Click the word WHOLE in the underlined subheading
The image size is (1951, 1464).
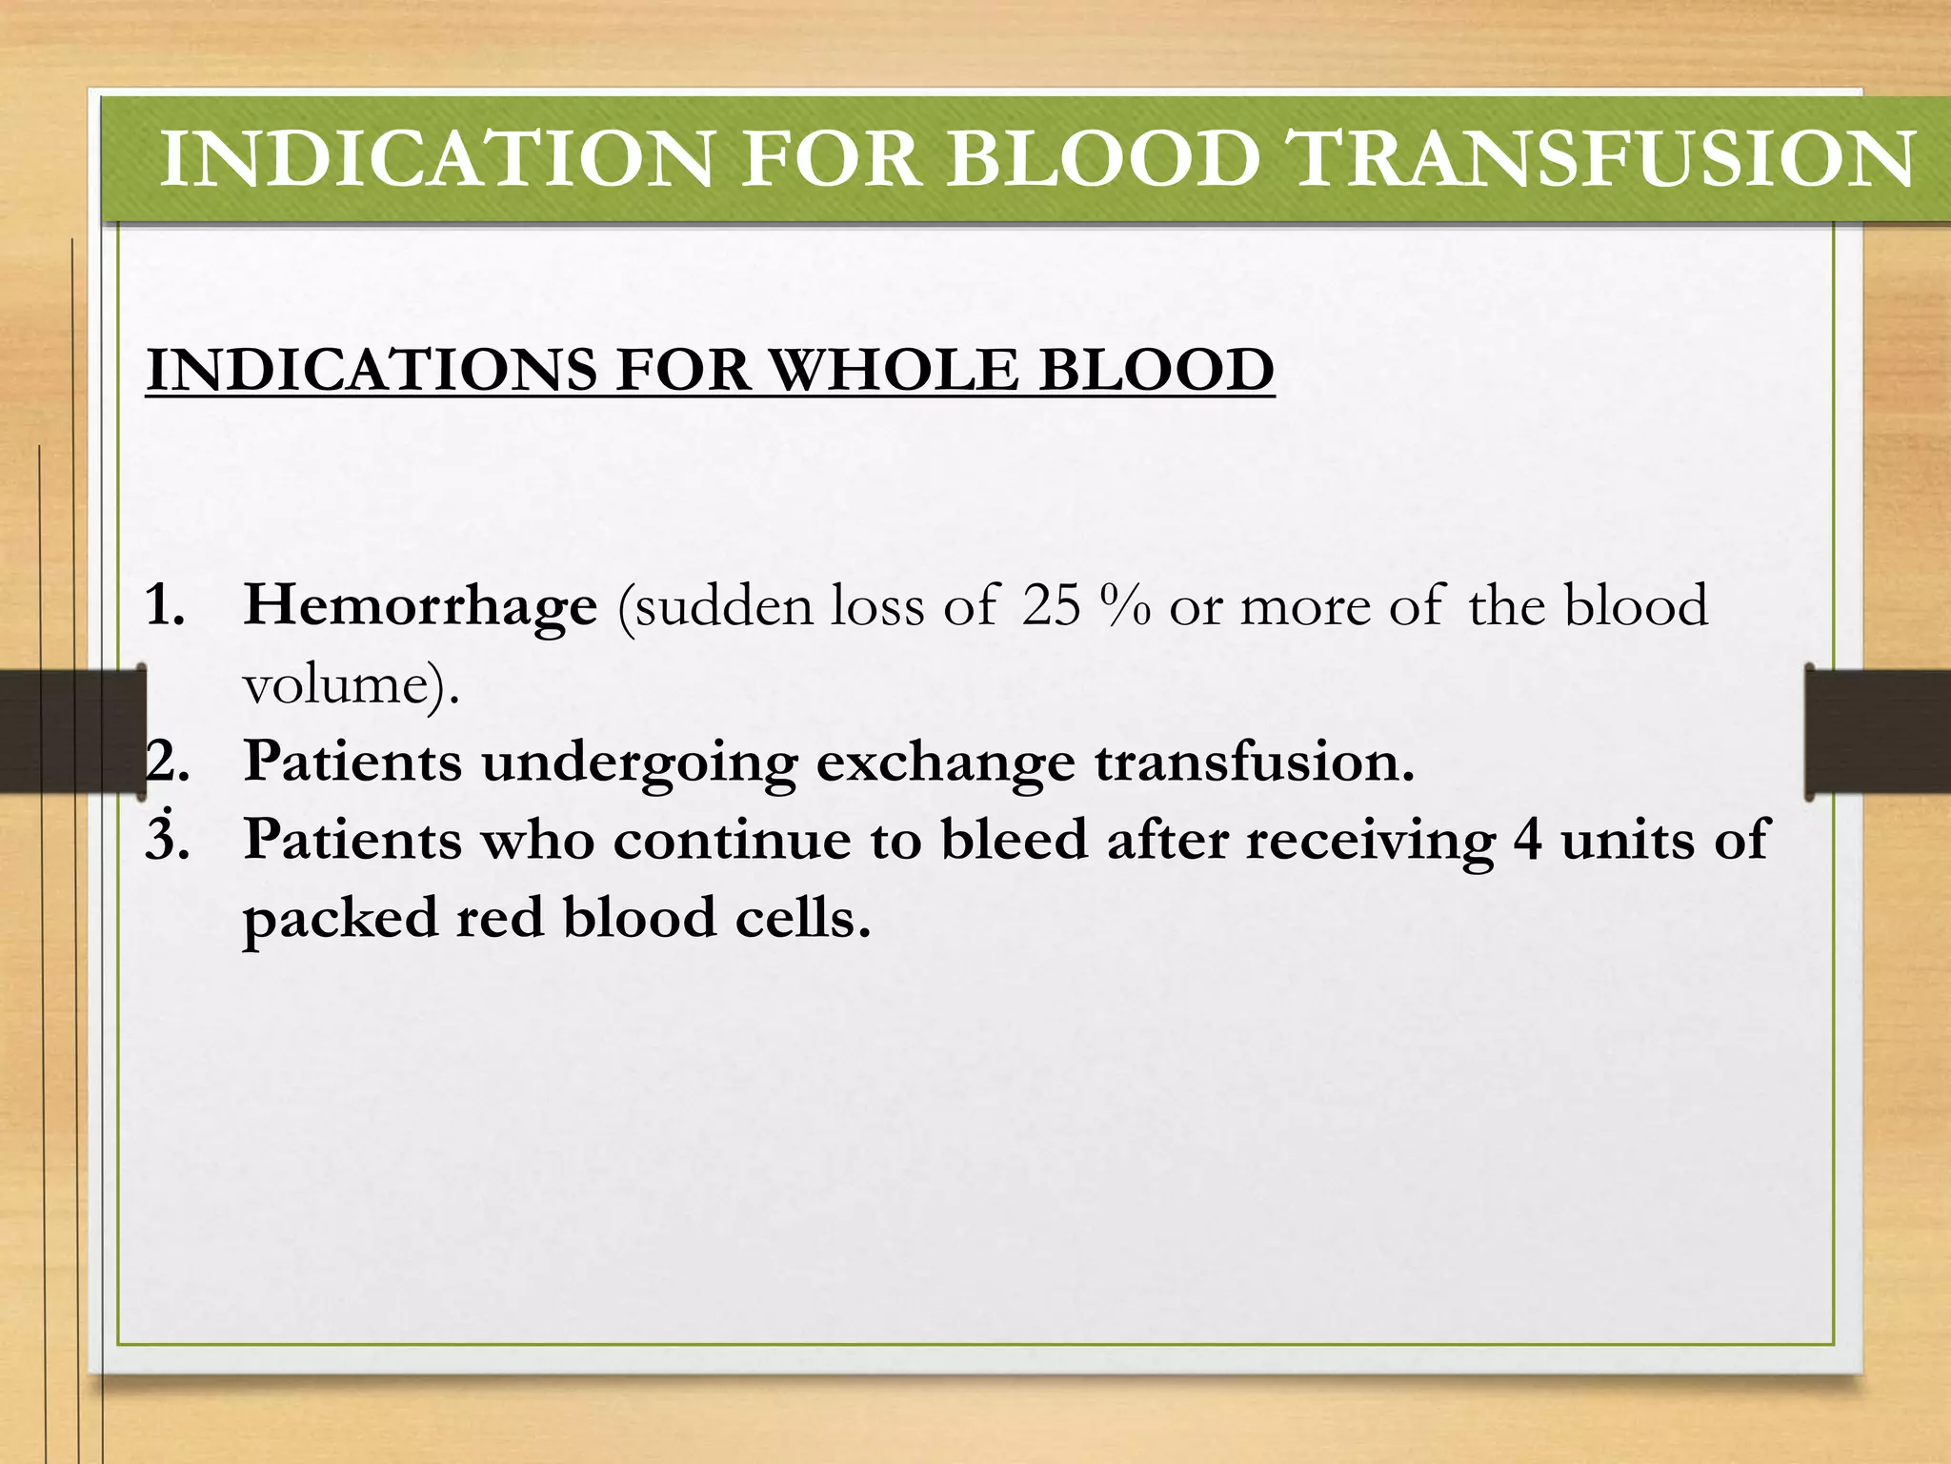tap(893, 370)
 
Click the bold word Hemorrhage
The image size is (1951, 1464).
tap(420, 606)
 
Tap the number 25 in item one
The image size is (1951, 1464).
tap(1051, 606)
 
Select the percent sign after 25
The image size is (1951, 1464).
tap(1125, 606)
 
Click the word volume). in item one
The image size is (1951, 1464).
tap(352, 684)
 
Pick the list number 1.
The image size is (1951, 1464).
tap(164, 606)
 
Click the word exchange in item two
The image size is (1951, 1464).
tap(945, 762)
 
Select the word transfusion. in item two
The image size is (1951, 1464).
tap(1254, 762)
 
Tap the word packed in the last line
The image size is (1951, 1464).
tap(340, 919)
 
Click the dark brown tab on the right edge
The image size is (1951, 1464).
tap(1877, 732)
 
